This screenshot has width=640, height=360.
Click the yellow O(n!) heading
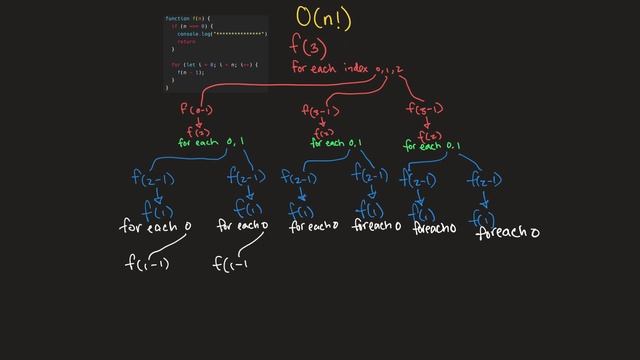click(x=325, y=17)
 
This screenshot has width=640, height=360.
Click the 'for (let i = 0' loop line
click(x=214, y=65)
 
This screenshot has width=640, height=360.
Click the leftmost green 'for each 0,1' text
click(x=211, y=143)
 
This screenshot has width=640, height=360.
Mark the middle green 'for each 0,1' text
click(x=337, y=143)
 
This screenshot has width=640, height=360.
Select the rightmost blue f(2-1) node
click(x=483, y=180)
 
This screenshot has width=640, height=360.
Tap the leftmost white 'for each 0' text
click(x=155, y=227)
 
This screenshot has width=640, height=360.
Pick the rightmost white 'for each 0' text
click(x=508, y=233)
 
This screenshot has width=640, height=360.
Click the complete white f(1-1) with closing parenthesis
click(x=147, y=264)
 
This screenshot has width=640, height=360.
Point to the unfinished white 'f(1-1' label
click(x=231, y=264)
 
